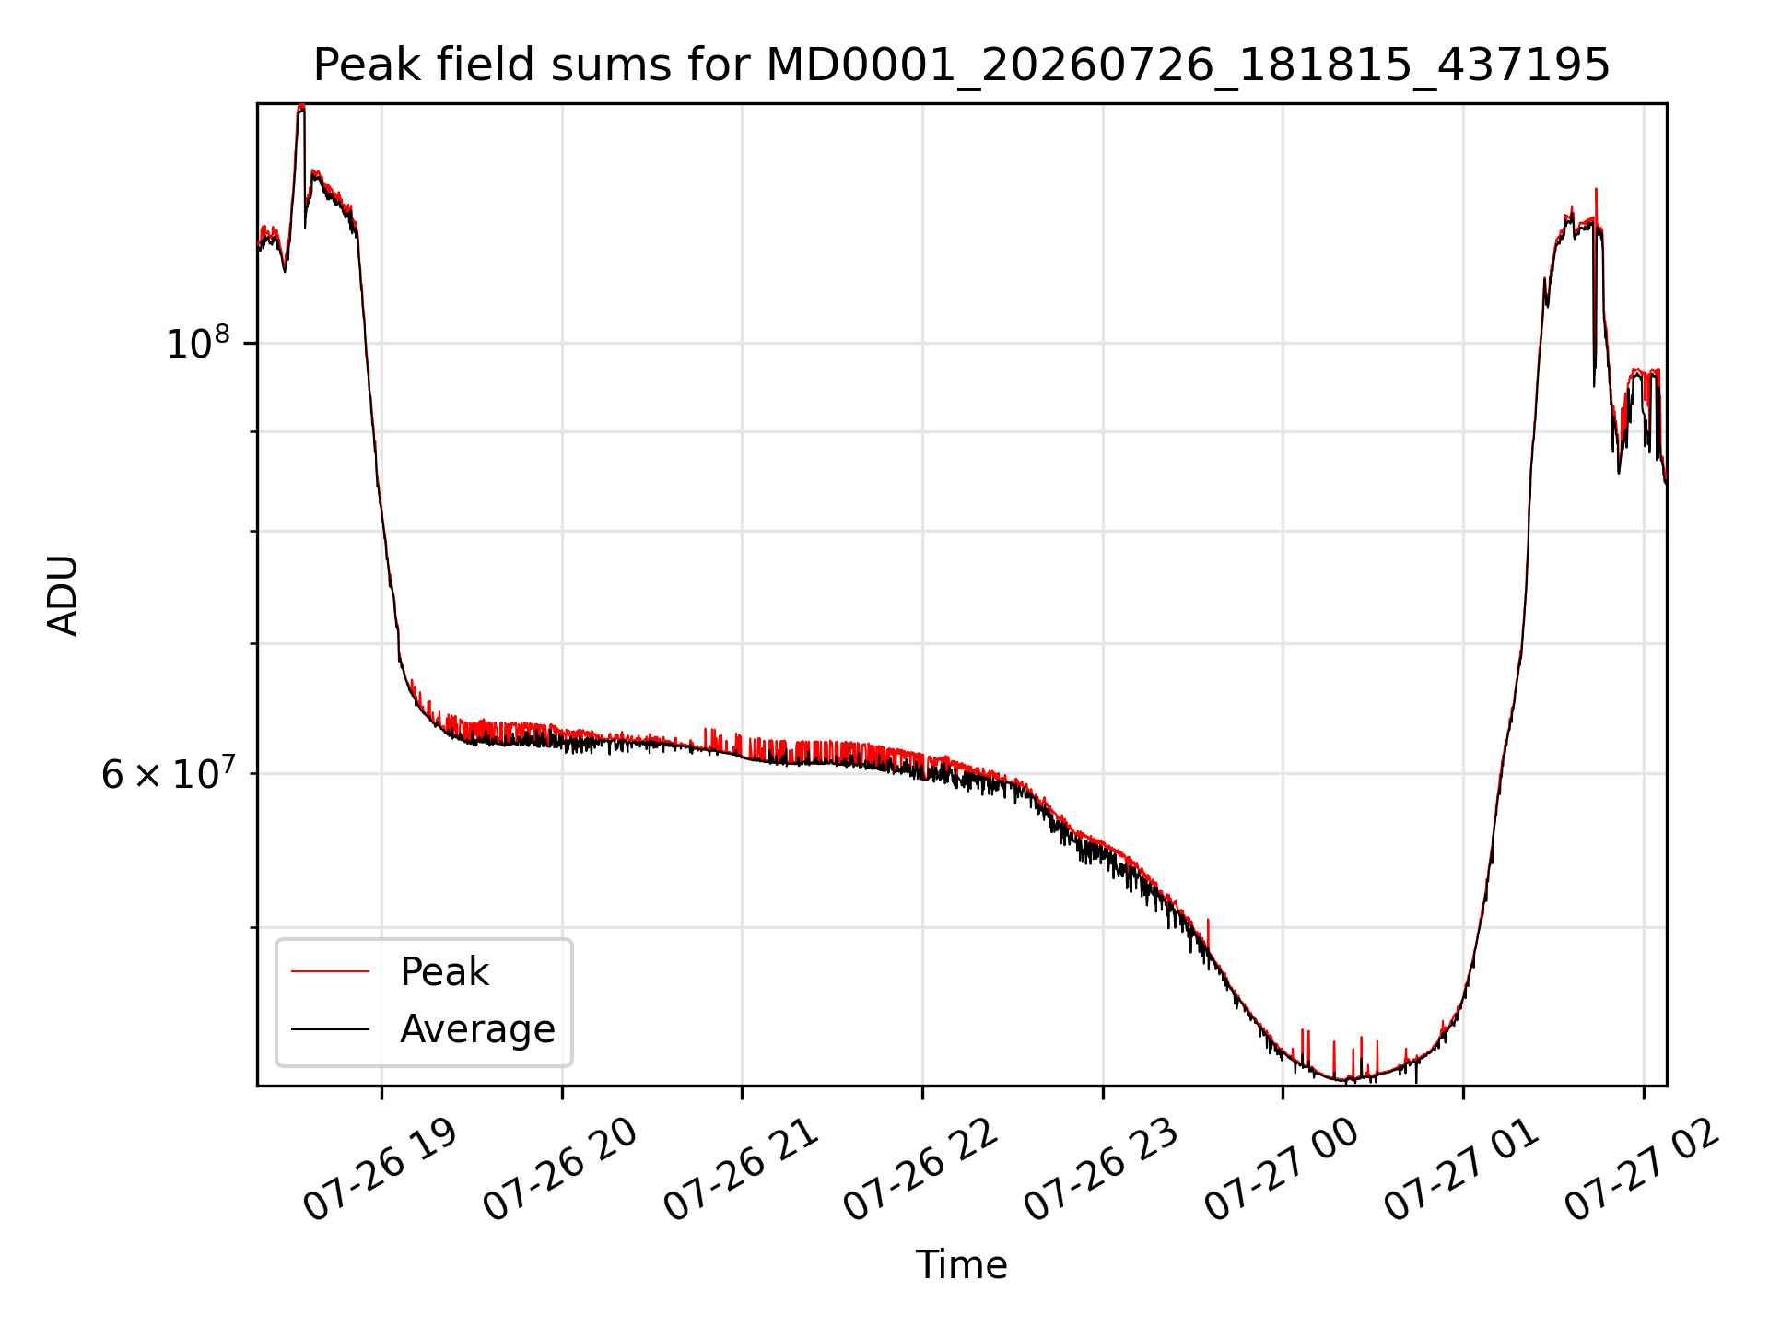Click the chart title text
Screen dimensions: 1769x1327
tap(961, 66)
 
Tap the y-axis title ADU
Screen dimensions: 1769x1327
tap(63, 595)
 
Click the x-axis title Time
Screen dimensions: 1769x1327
tap(961, 1264)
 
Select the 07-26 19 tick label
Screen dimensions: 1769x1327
tap(380, 1171)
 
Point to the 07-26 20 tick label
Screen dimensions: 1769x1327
tap(560, 1171)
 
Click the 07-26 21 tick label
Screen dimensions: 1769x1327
tap(741, 1171)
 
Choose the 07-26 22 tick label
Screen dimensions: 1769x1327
tap(921, 1171)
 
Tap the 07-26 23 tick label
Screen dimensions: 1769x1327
tap(1102, 1171)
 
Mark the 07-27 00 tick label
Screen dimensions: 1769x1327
tap(1283, 1171)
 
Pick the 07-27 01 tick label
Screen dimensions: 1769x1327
tap(1463, 1171)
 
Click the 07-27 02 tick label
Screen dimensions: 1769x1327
tap(1643, 1171)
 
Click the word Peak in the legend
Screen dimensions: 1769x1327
tap(444, 972)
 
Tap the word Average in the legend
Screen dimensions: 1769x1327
tap(477, 1029)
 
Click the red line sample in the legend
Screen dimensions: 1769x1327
tap(330, 972)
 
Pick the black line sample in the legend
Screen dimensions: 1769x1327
tap(330, 1029)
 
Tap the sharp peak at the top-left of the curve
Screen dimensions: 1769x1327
tap(300, 107)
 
